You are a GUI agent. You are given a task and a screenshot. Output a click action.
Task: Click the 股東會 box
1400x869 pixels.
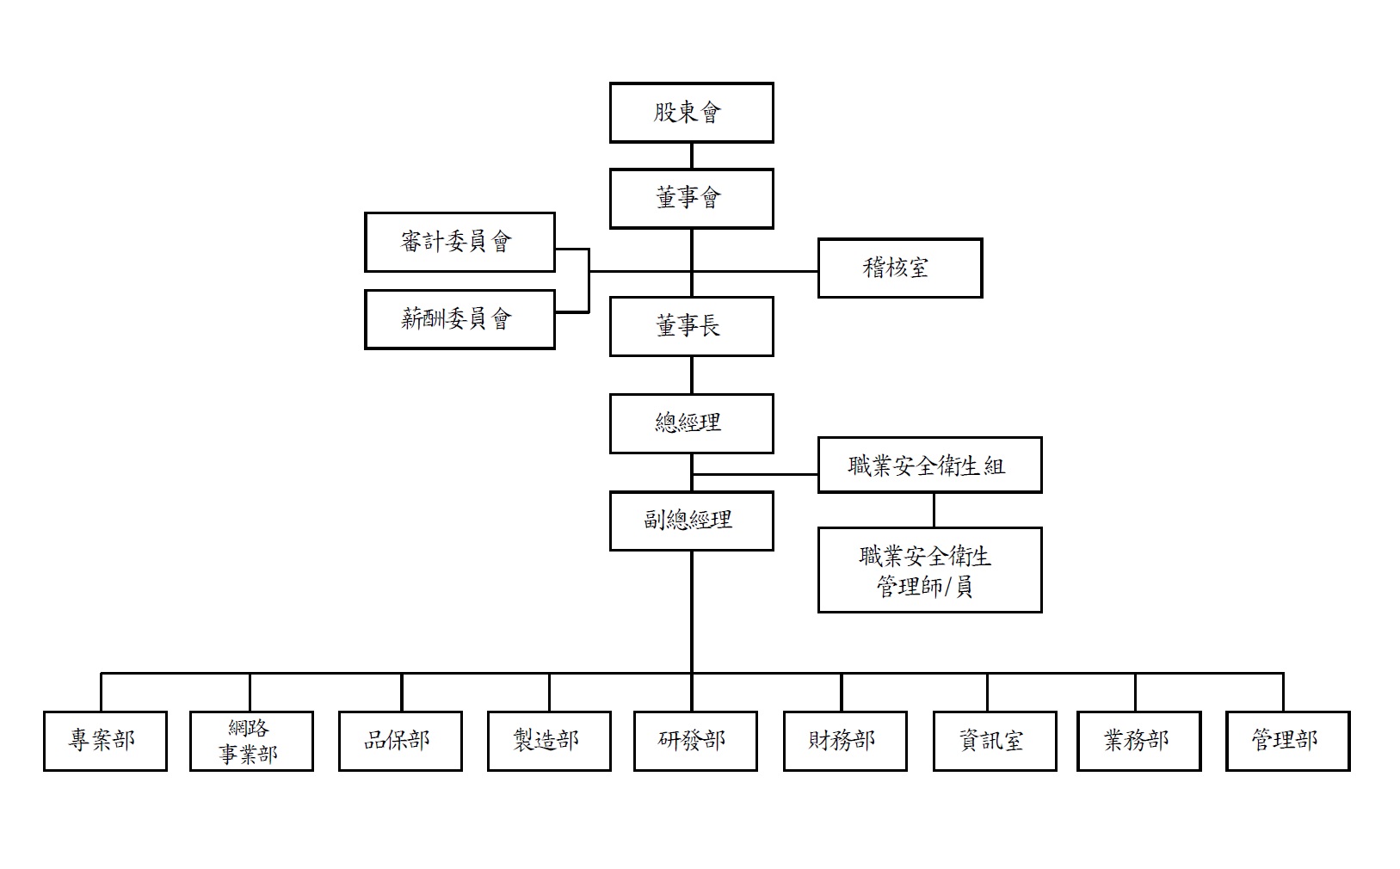click(691, 113)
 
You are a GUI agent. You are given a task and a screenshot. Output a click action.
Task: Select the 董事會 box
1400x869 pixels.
click(691, 199)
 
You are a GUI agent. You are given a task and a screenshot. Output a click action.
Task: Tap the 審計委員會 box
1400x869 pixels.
click(459, 242)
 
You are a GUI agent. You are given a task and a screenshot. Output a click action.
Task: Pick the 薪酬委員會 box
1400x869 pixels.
click(459, 319)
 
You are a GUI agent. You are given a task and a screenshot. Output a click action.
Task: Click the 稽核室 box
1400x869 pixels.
click(899, 268)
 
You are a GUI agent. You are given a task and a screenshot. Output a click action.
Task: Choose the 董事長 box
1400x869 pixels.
click(691, 326)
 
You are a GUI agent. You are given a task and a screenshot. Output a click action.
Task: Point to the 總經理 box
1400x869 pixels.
click(691, 423)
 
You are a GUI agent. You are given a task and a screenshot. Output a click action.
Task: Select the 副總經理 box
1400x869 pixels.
click(691, 521)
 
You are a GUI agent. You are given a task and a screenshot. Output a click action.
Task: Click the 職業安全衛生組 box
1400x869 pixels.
click(929, 465)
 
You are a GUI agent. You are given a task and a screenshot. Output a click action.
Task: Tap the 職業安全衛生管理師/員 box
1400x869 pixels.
click(929, 570)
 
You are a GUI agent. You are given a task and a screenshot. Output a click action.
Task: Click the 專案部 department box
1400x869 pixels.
click(105, 741)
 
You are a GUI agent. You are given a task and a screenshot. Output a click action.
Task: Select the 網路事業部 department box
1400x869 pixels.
click(251, 741)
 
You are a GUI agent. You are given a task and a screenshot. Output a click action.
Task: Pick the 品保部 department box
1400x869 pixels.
click(400, 741)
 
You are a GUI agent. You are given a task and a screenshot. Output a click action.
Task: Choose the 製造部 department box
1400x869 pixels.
click(549, 741)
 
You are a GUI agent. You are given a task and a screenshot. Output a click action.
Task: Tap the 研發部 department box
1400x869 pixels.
click(695, 741)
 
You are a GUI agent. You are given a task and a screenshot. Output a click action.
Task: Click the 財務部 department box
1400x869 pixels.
click(845, 741)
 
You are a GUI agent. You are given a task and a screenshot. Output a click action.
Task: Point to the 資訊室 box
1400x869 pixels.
click(995, 741)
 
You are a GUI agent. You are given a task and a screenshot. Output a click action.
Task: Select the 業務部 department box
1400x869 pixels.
click(1138, 741)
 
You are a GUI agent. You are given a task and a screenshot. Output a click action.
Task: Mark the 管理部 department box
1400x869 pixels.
click(1287, 741)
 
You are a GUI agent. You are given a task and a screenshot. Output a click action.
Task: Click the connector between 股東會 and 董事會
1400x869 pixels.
click(692, 156)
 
